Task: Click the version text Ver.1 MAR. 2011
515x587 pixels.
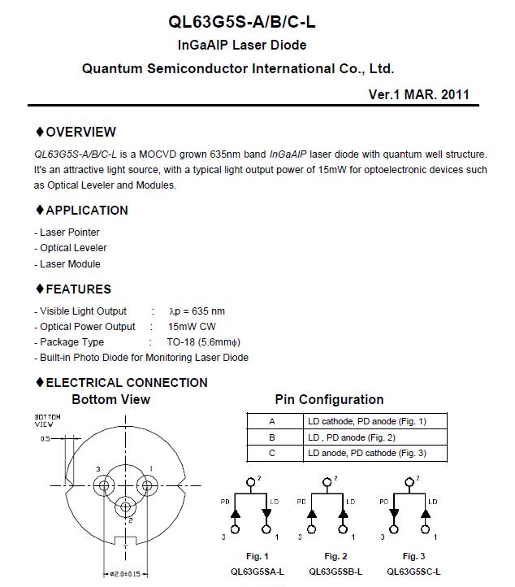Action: point(418,94)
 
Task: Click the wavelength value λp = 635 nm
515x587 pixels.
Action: point(196,311)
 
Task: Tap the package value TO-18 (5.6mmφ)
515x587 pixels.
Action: point(203,342)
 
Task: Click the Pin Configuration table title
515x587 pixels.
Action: point(329,400)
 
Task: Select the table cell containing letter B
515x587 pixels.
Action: point(272,437)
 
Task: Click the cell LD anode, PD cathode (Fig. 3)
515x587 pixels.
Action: point(366,453)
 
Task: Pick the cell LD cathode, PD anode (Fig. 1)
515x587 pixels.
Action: point(366,421)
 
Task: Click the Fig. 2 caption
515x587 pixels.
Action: point(333,556)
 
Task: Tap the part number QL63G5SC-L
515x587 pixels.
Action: point(413,572)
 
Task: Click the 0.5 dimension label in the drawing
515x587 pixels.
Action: point(45,439)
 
